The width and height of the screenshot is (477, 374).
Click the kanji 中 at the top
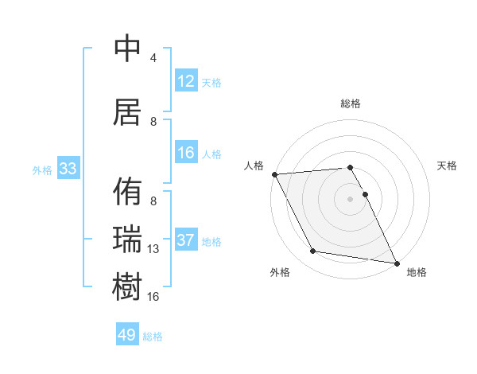(128, 49)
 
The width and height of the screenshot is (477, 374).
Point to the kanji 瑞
(128, 238)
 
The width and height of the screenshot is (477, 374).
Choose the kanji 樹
(128, 285)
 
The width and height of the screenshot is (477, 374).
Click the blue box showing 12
(186, 81)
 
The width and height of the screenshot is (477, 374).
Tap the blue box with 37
(186, 240)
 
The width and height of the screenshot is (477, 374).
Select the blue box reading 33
(68, 169)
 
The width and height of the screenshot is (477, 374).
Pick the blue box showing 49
(127, 335)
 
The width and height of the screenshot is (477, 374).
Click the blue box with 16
(186, 153)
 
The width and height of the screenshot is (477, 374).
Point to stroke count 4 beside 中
(153, 58)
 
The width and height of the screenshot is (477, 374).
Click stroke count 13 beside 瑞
(153, 249)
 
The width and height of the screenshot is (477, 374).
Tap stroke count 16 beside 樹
(153, 296)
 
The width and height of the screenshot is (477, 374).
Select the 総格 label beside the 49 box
(153, 337)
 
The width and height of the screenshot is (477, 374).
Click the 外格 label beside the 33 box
(42, 169)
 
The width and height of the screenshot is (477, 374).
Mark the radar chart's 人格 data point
(274, 174)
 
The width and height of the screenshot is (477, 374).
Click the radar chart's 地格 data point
(396, 263)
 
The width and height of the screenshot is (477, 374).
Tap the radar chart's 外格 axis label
(280, 272)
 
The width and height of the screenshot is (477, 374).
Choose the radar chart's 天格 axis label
(448, 166)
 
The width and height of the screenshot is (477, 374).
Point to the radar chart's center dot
(350, 198)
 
